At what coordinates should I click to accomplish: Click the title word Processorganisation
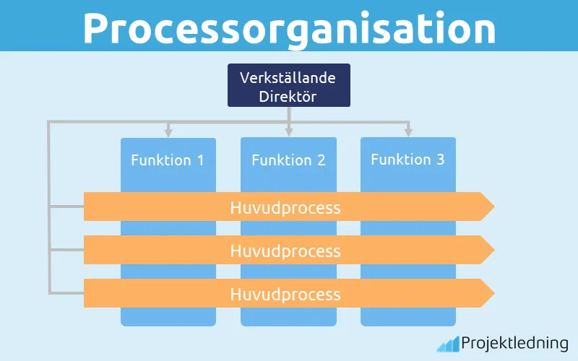[289, 27]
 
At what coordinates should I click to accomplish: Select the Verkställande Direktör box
[288, 85]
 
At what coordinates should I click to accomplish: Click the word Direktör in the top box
[288, 95]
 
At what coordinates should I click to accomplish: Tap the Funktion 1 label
[168, 160]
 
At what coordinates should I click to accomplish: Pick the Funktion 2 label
[288, 160]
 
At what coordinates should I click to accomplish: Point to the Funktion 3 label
[407, 160]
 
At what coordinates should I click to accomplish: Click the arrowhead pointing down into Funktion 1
[168, 132]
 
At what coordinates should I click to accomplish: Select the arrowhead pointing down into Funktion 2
[288, 132]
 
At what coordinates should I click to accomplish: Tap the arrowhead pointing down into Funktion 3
[408, 132]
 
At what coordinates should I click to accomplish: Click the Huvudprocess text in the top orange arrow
[285, 208]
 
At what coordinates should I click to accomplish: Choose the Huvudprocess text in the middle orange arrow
[285, 251]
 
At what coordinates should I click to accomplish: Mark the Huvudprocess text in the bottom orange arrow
[285, 295]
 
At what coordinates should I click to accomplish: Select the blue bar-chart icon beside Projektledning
[448, 344]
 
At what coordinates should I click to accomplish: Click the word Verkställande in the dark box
[288, 77]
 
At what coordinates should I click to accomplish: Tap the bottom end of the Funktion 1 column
[168, 321]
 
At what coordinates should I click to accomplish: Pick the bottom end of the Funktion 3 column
[408, 321]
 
